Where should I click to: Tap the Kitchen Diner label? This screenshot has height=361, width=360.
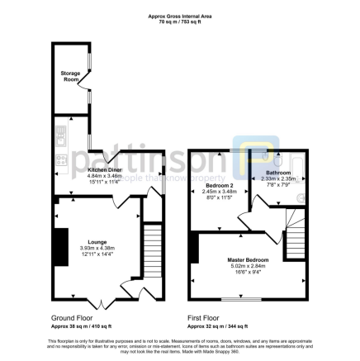pyautogui.click(x=105, y=169)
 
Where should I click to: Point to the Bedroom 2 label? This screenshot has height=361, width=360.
pyautogui.click(x=219, y=186)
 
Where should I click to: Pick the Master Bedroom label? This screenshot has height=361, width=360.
pyautogui.click(x=249, y=260)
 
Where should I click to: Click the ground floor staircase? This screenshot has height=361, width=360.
pyautogui.click(x=152, y=251)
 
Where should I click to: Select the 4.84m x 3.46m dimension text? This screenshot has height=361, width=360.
pyautogui.click(x=105, y=175)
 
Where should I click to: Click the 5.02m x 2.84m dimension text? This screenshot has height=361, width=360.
pyautogui.click(x=249, y=266)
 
